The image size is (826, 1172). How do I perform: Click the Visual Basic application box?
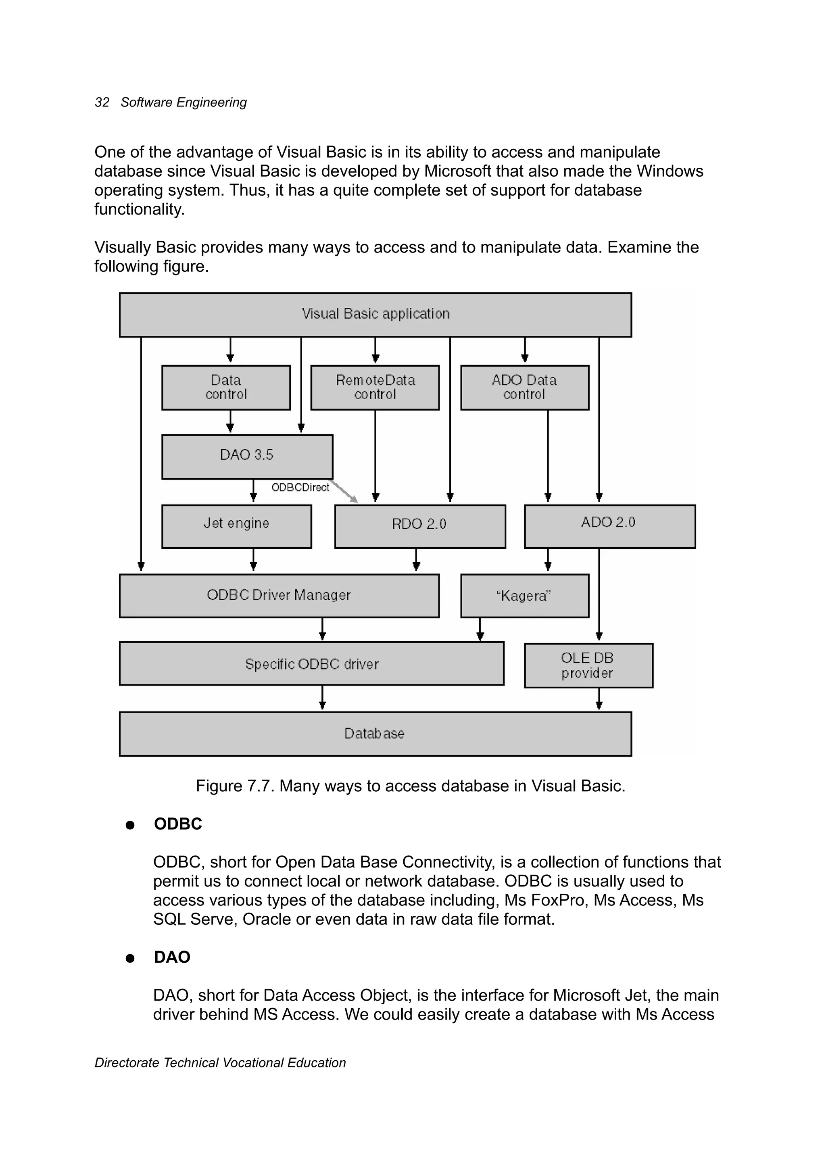(375, 315)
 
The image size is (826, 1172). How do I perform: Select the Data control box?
(225, 388)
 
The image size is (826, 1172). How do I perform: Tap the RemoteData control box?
(375, 388)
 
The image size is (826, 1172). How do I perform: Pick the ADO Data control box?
(524, 388)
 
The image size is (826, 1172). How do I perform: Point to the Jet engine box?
(236, 526)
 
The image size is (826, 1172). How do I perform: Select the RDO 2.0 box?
(419, 526)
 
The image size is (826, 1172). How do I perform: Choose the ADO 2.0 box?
(609, 526)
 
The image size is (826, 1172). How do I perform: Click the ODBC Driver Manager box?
(279, 596)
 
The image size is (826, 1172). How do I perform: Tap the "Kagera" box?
(524, 596)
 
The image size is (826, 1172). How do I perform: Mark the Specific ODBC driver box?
(311, 663)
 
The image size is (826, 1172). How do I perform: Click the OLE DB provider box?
(588, 665)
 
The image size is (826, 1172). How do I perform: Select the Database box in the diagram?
(375, 734)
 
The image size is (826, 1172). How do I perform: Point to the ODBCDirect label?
(300, 488)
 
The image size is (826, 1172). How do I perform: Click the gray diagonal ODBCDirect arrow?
(344, 492)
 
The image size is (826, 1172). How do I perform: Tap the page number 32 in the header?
(102, 102)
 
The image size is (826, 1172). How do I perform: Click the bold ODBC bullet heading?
(177, 824)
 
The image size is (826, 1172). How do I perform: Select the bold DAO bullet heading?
(172, 957)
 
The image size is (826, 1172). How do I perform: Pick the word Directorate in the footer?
(127, 1063)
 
